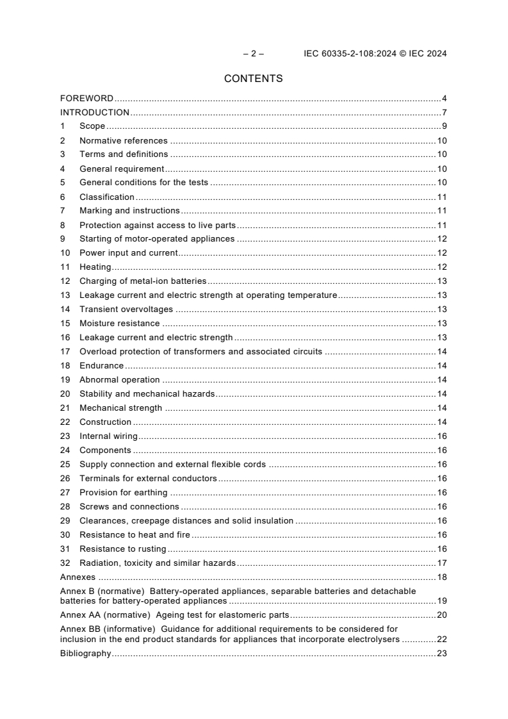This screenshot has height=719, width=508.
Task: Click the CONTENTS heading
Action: [x=253, y=79]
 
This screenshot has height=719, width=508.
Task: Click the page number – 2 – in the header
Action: [x=253, y=54]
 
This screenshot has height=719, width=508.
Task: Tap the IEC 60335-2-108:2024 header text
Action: [x=375, y=54]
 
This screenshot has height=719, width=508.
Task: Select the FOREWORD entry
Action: [x=86, y=99]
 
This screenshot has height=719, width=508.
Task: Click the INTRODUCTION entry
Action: [x=95, y=113]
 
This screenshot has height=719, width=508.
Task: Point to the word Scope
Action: [x=92, y=127]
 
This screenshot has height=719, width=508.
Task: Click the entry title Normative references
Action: [x=124, y=141]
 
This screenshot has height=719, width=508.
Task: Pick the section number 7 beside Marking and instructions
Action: [x=63, y=211]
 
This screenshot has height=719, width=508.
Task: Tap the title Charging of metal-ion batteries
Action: [x=143, y=281]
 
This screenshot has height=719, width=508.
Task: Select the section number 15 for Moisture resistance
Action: [x=65, y=324]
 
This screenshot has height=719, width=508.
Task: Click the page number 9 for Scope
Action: [x=444, y=127]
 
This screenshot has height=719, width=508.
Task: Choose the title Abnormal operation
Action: [x=119, y=380]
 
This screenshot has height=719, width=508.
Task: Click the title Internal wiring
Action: [x=108, y=436]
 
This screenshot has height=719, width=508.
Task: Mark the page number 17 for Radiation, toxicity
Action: [x=441, y=563]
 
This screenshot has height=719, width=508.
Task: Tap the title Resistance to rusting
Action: [x=122, y=549]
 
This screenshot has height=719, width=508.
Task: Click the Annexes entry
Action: [x=78, y=577]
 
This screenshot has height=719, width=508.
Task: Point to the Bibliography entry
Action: [x=85, y=654]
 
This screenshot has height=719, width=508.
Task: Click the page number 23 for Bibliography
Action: [x=441, y=654]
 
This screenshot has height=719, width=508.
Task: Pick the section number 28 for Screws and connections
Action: [x=65, y=507]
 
